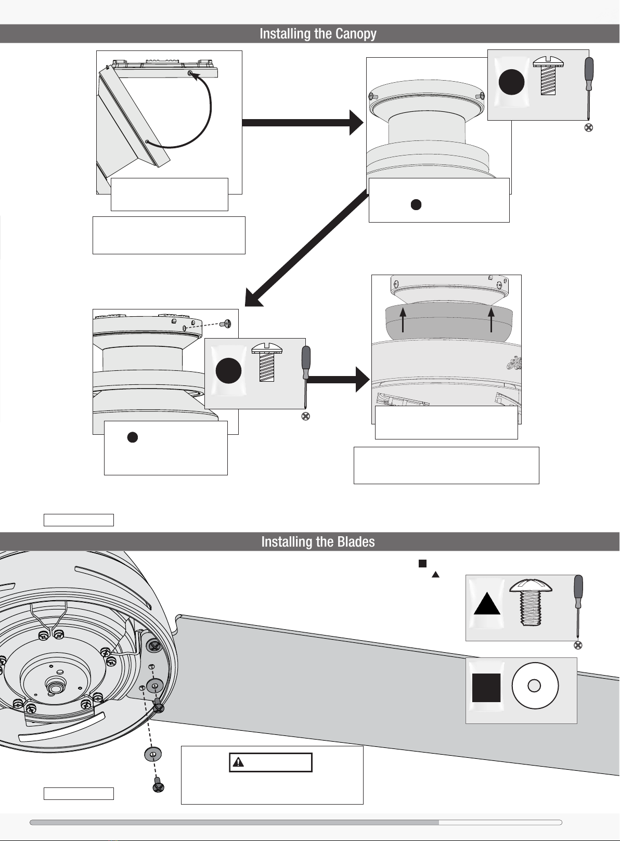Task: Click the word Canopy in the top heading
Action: coord(356,34)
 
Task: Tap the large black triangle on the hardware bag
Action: coord(487,605)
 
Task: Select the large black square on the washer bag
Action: coord(486,688)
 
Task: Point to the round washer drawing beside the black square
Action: coord(535,686)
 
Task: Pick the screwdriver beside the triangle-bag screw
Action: coord(577,606)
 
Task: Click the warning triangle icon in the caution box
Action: coord(238,762)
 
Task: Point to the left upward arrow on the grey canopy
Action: coord(404,319)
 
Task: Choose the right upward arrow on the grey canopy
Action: coord(492,319)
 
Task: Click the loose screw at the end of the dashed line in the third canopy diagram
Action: coord(226,324)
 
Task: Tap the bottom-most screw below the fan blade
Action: coord(158,786)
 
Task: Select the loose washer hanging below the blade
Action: coord(152,754)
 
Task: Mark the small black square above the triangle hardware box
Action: coord(423,563)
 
